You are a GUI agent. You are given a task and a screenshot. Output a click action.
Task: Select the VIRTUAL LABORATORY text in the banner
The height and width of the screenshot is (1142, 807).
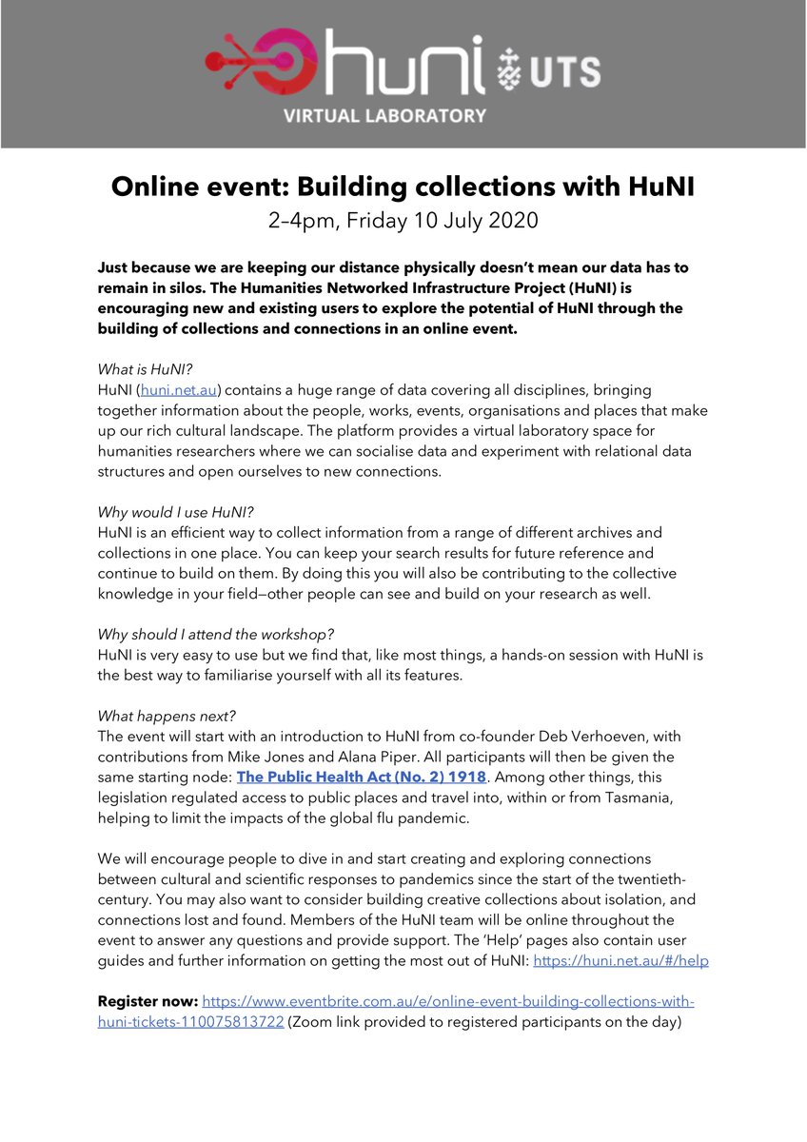403,116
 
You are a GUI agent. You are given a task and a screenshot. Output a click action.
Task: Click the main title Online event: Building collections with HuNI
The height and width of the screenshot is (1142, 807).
403,187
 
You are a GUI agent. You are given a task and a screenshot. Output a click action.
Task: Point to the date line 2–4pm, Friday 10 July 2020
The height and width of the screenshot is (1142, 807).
403,221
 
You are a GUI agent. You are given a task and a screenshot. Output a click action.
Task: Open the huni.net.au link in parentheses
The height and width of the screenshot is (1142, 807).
180,390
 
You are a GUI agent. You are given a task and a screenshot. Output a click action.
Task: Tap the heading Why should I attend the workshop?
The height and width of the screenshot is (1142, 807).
215,634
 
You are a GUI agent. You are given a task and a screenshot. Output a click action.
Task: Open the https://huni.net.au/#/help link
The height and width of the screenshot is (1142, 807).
620,961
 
